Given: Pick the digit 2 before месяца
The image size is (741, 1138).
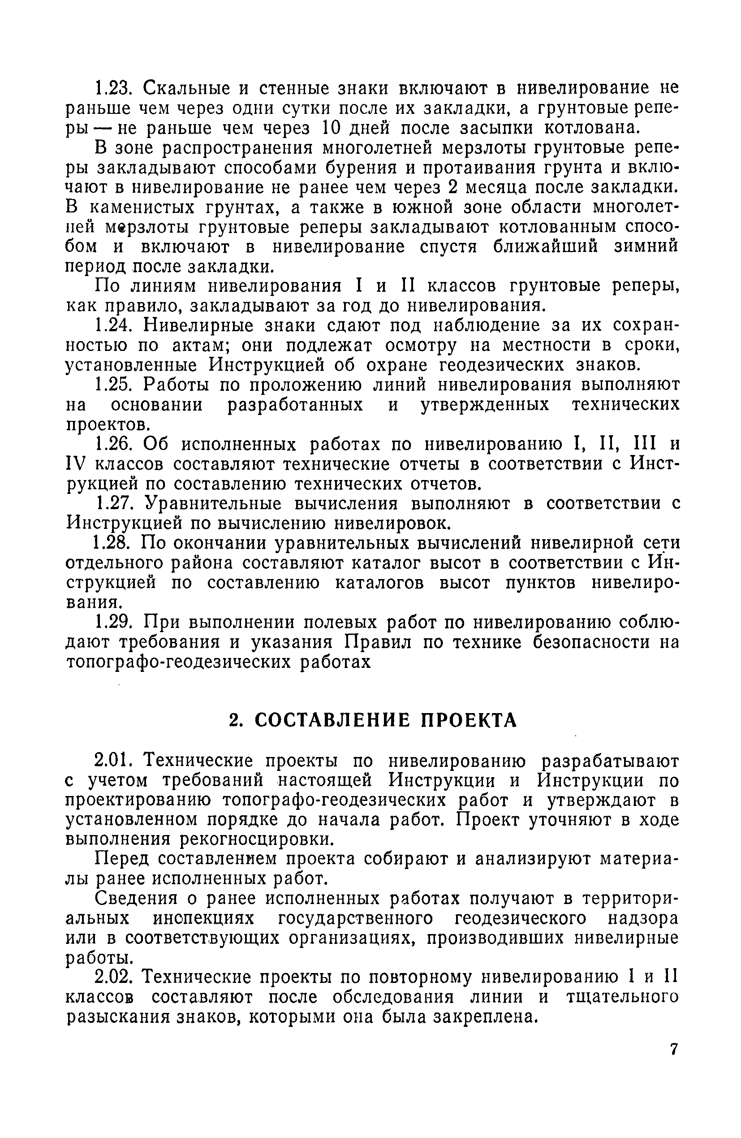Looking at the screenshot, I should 454,188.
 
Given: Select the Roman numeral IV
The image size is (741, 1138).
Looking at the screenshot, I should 76,464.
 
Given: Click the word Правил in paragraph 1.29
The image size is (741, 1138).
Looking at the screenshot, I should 379,643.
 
